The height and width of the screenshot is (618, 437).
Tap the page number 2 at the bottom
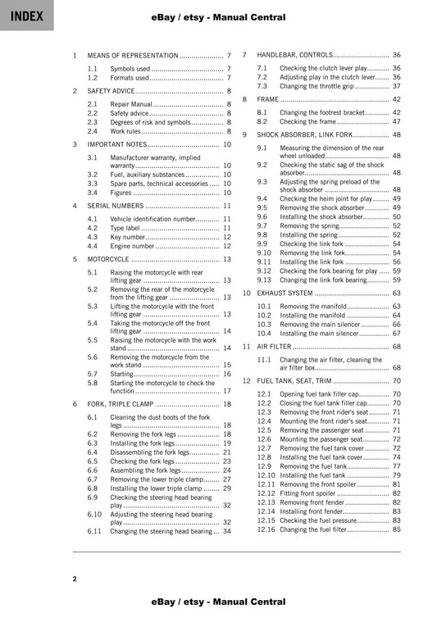pyautogui.click(x=74, y=579)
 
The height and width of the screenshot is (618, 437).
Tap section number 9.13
pyautogui.click(x=264, y=279)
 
